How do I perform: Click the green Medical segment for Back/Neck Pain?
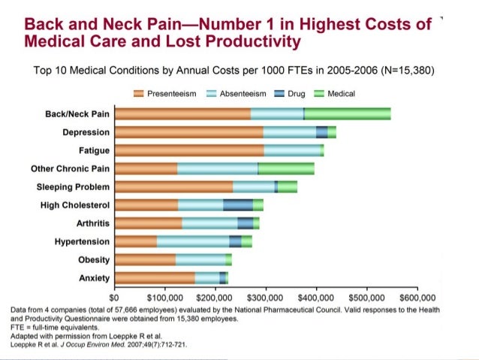coord(347,113)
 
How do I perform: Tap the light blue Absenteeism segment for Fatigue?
coord(292,150)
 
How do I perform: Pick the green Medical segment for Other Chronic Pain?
coord(286,168)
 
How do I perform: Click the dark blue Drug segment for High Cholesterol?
coord(238,204)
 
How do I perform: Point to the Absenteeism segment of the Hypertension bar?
coord(193,241)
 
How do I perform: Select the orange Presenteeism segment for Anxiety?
coord(155,278)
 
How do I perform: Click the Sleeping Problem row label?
coord(74,186)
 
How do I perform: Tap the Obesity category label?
coord(94,260)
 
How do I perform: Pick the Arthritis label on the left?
coord(93,223)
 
